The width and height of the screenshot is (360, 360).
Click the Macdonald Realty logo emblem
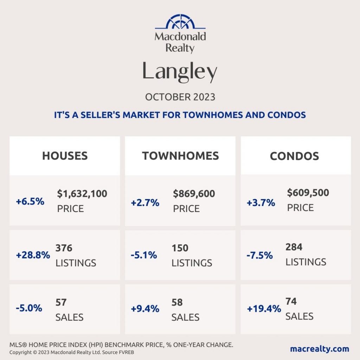(x=180, y=21)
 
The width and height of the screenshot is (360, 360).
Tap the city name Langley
(x=180, y=71)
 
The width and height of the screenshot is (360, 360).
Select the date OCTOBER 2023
(x=180, y=97)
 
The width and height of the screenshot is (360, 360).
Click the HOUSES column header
(x=65, y=156)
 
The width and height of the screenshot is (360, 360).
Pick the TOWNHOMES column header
(x=180, y=156)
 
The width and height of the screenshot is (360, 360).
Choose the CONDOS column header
(x=295, y=156)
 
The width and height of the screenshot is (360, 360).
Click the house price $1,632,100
(x=82, y=194)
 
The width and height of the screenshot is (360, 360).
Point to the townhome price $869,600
(x=194, y=194)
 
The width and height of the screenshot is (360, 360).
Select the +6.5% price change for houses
(x=30, y=201)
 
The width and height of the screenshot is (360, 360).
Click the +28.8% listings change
(x=33, y=255)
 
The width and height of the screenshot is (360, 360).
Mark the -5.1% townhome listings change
(x=144, y=255)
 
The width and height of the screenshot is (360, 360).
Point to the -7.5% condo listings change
(x=260, y=255)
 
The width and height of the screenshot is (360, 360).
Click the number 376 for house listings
(x=64, y=248)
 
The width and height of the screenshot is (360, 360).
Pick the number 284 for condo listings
(x=294, y=247)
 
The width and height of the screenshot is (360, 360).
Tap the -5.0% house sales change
(x=29, y=308)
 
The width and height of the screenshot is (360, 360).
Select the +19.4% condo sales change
(x=264, y=309)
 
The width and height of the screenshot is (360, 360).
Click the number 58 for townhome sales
(x=177, y=302)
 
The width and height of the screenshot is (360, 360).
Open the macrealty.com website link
(x=320, y=349)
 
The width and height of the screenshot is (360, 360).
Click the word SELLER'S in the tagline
(x=100, y=115)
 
